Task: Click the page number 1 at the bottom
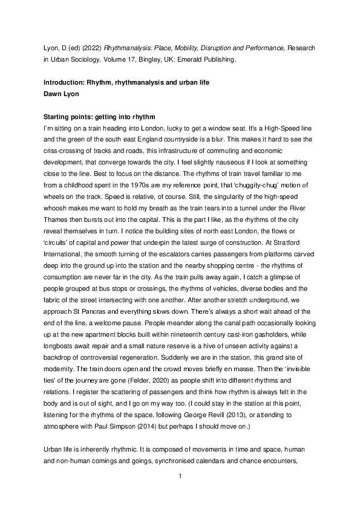click(x=180, y=493)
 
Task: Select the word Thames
click(x=58, y=214)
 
